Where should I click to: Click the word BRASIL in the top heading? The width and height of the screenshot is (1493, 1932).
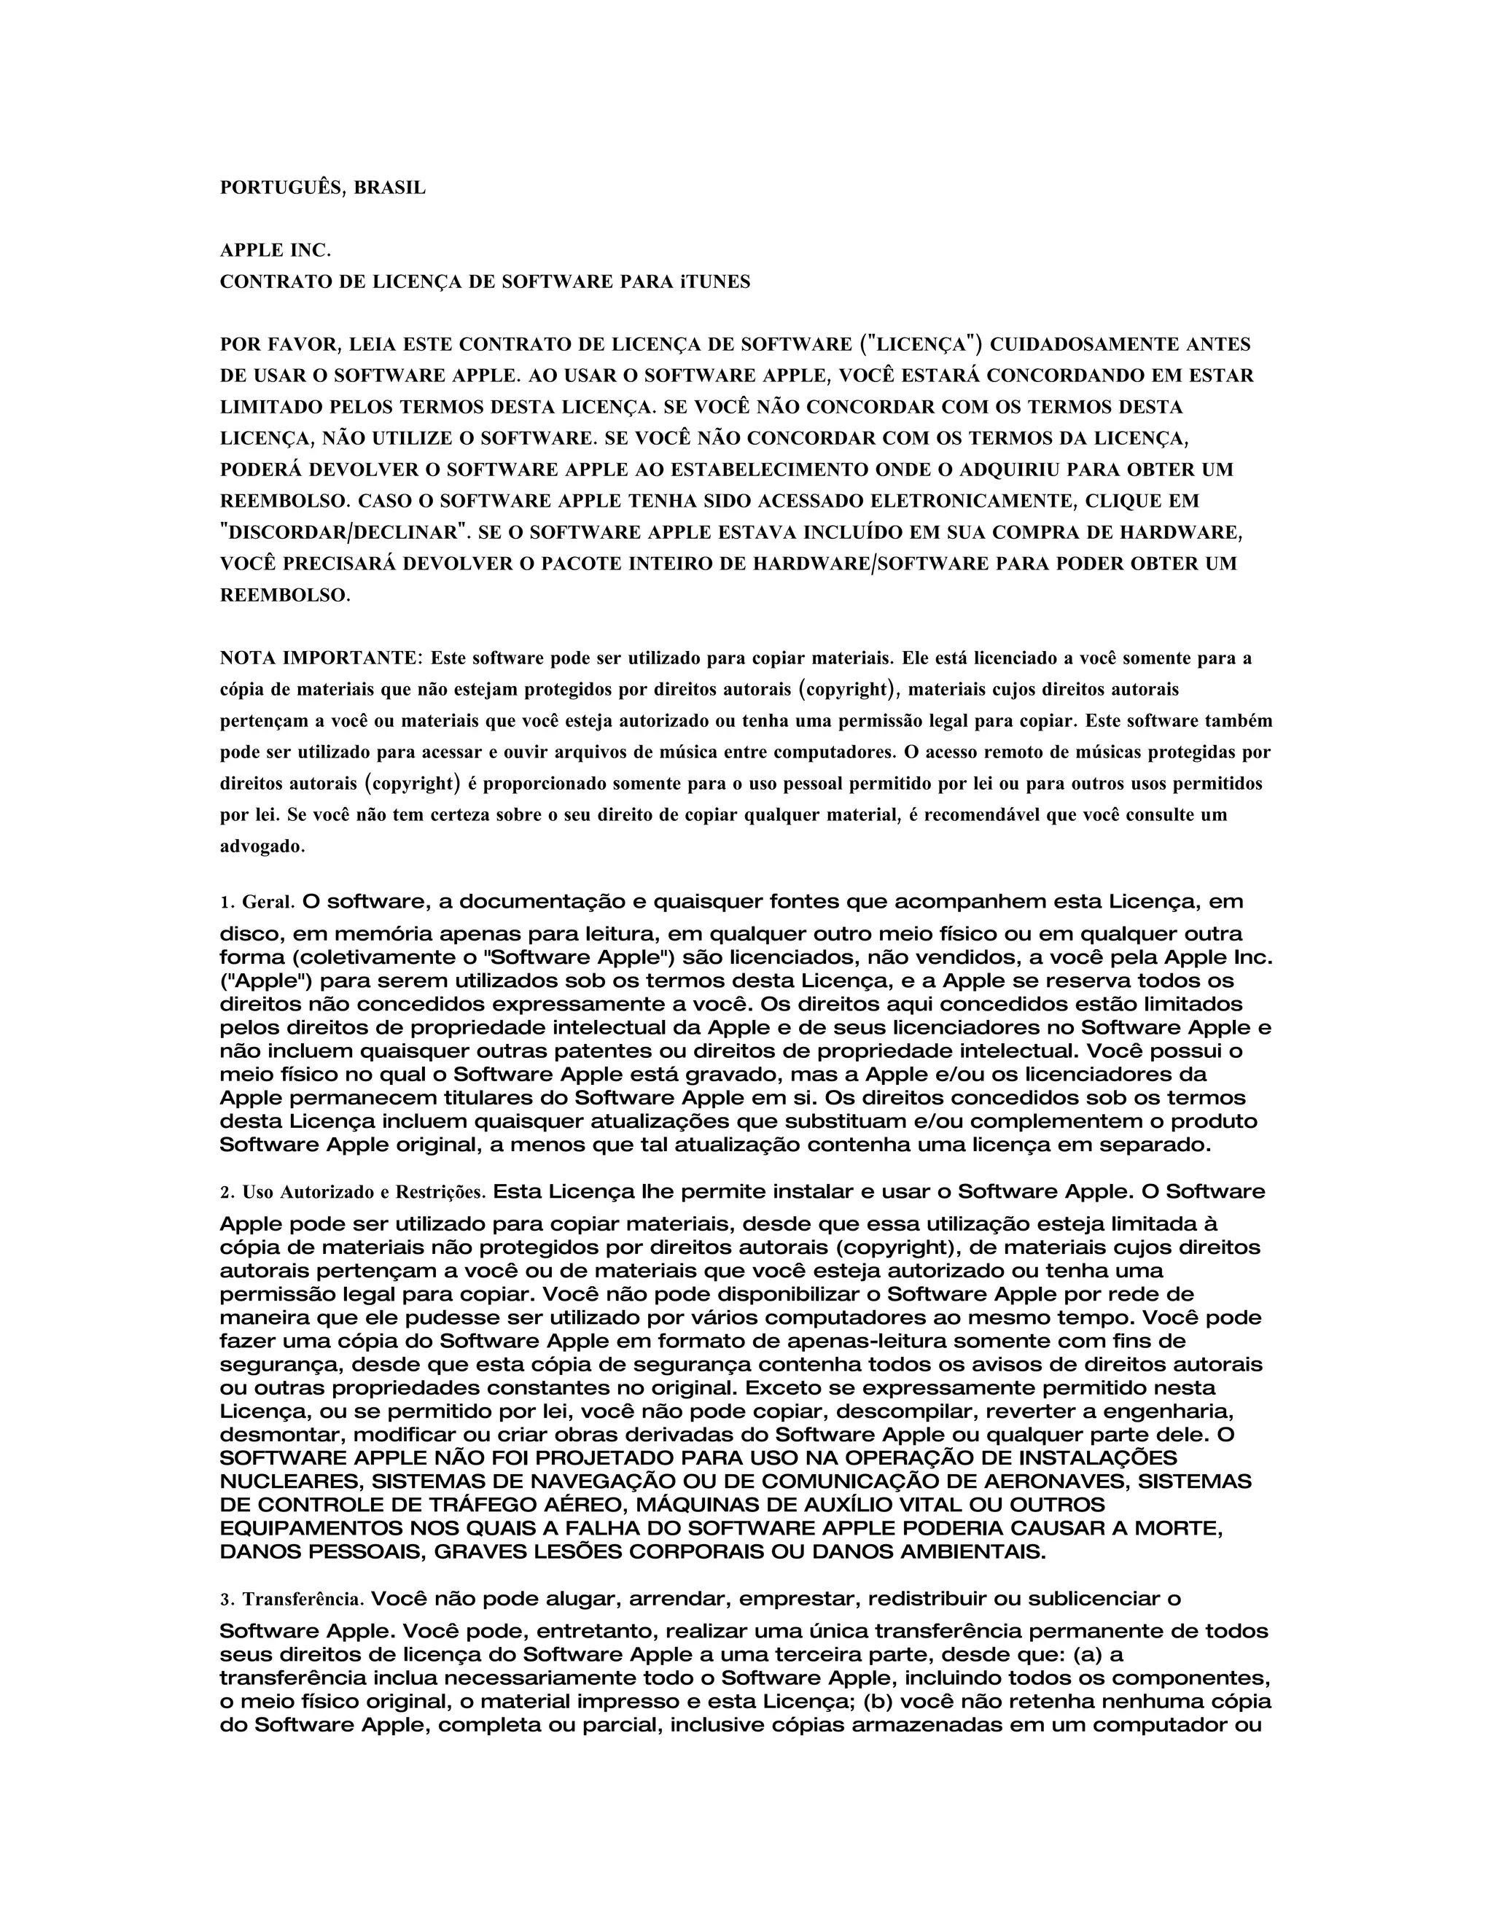389,188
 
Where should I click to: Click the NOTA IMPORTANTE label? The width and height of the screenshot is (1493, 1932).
321,658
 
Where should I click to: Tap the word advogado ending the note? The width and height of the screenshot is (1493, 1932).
262,846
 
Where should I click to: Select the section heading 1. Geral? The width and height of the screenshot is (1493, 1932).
257,903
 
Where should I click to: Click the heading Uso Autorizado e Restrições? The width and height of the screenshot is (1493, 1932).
364,1193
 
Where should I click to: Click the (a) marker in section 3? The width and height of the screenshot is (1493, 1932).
1088,1654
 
